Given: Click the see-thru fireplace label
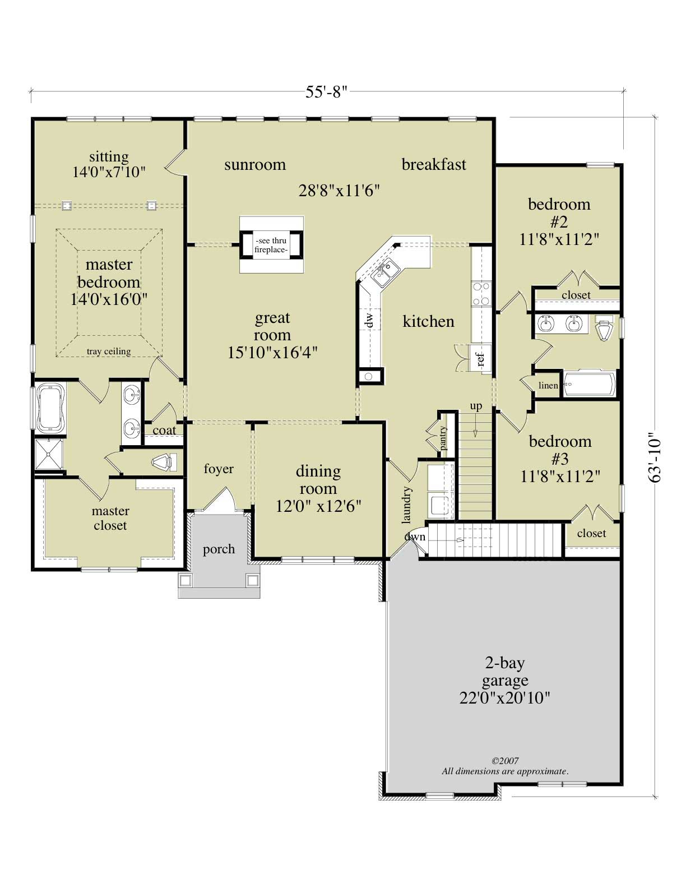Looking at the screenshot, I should coord(271,245).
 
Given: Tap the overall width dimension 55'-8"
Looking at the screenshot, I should coord(327,92).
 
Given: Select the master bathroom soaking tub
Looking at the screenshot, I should coord(49,408).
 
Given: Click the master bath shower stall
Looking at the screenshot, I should coord(49,454).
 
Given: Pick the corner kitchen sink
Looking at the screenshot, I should coord(385,272).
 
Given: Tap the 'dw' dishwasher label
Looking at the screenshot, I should coord(369,321).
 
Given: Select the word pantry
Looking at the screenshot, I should coord(443,438).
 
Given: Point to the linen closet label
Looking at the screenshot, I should coord(548,385).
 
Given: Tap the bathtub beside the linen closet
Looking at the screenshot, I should coord(589,385).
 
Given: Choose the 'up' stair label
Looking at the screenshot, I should coord(476,406).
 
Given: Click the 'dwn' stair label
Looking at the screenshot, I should coord(415,536).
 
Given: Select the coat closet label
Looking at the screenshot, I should coord(164,431).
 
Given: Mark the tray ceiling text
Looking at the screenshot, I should coord(109,351).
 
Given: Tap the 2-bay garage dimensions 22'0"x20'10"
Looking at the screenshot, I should coord(505,698).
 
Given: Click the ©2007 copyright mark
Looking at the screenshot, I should coord(504,761).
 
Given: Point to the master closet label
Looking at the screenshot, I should coord(110,518).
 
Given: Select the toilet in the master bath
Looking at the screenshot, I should coord(164,463).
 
